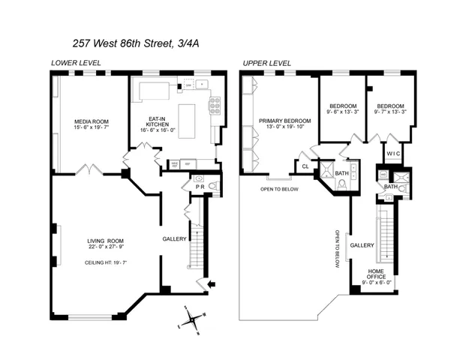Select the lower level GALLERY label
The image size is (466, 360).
[x=174, y=238]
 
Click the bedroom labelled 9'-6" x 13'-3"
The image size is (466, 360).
[x=341, y=110]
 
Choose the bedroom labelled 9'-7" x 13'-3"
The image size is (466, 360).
[x=391, y=110]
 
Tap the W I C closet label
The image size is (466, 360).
[x=394, y=154]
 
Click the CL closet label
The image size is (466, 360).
[x=305, y=166]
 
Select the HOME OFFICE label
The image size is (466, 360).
[x=377, y=276]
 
